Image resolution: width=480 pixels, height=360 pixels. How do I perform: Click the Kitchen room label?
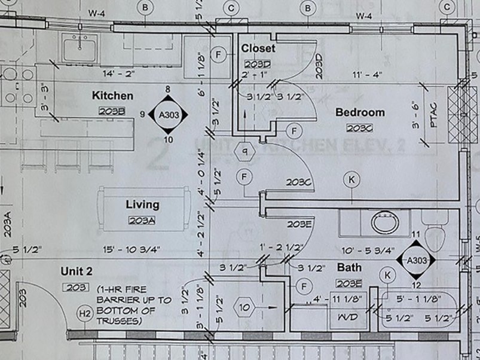112,96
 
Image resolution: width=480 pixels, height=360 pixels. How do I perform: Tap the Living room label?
142,205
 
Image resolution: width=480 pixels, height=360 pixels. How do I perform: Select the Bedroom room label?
360,112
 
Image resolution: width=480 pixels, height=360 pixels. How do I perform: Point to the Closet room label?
258,48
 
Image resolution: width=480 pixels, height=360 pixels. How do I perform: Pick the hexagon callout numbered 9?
244,151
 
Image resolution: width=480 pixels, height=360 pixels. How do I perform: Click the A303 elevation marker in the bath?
417,260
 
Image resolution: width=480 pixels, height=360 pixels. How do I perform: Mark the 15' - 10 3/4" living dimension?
130,248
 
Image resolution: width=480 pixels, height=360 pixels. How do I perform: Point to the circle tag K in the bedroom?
352,178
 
